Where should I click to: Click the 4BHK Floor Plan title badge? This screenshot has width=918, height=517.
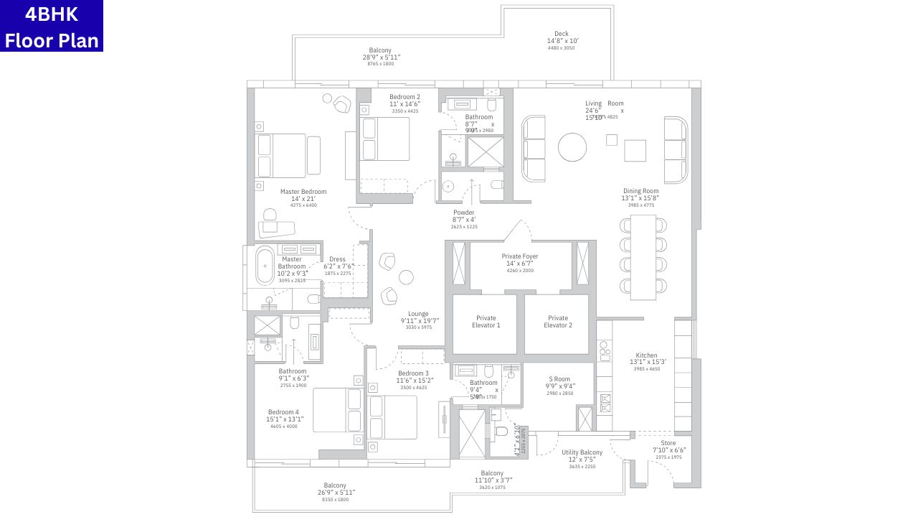coord(52,26)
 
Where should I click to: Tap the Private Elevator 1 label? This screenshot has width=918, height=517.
coord(485,322)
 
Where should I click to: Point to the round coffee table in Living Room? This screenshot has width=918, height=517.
coord(572,148)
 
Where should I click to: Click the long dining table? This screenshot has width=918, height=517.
coord(643,257)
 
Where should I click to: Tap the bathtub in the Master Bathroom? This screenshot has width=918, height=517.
coord(265,266)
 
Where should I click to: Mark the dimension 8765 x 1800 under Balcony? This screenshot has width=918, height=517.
coord(381,64)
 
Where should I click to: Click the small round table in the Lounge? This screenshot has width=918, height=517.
coord(406,277)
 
